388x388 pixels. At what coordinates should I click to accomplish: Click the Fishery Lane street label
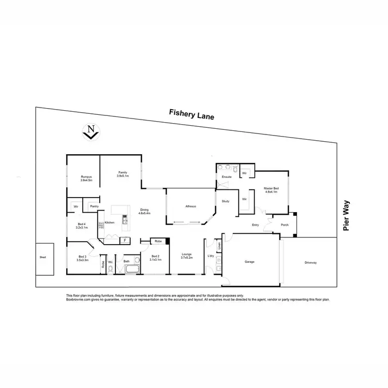[x=191, y=114]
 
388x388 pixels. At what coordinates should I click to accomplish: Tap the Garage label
[x=249, y=262]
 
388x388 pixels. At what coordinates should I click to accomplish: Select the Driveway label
[x=310, y=262]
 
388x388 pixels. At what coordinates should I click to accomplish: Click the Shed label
[x=42, y=257]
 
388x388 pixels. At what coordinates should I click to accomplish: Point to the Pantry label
[x=94, y=206]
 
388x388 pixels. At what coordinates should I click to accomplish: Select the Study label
[x=226, y=201]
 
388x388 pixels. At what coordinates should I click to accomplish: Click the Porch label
[x=285, y=225]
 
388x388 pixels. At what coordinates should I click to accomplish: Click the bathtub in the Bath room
[x=131, y=270]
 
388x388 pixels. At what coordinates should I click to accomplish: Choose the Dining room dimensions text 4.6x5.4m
[x=144, y=213]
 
